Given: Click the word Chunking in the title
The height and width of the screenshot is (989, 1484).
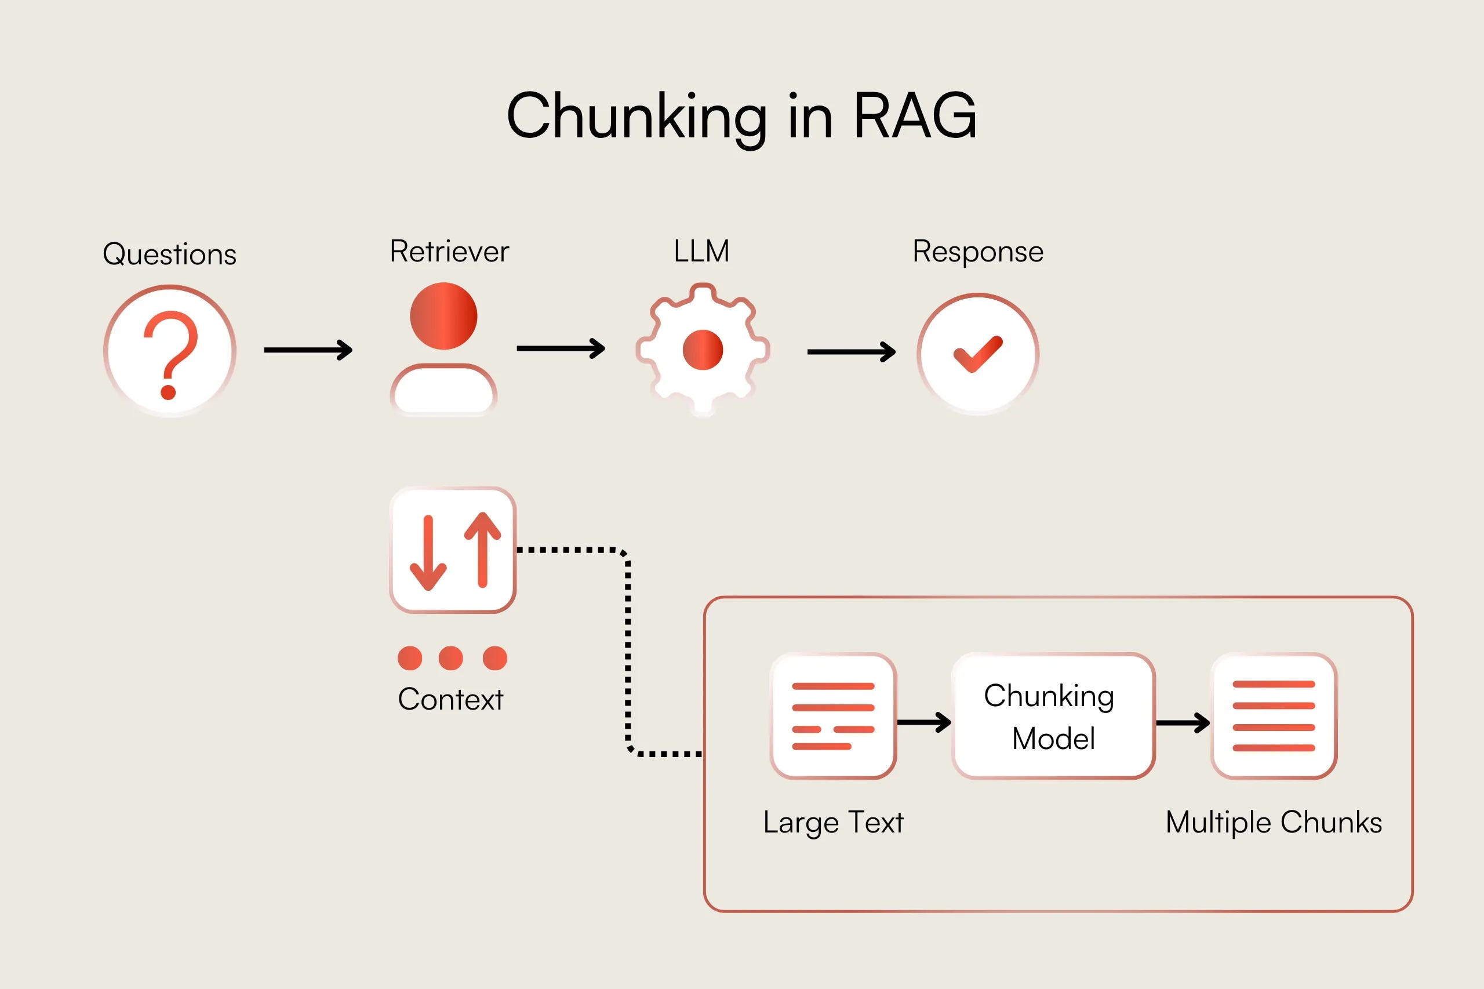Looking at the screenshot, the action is (637, 119).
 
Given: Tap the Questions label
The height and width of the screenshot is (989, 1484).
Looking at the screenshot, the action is (170, 254).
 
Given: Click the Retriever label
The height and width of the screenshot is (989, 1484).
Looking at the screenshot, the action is (449, 251).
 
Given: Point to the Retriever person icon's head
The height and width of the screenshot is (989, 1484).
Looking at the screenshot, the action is (443, 316).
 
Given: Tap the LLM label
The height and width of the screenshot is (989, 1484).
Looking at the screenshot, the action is (701, 251).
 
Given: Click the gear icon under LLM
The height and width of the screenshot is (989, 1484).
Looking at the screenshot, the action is (703, 350).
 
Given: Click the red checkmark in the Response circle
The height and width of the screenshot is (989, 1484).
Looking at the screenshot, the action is (977, 354).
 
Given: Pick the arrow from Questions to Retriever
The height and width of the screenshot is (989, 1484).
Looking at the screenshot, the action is (308, 350).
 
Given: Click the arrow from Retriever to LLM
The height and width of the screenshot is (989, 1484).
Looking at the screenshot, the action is (561, 348).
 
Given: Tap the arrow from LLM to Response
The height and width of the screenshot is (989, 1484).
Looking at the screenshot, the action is (852, 352).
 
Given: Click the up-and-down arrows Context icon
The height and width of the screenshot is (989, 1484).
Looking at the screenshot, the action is (453, 550).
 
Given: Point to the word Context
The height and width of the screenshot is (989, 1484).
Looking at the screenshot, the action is (450, 700).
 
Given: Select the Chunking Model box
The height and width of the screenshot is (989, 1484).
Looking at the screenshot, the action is (1053, 717).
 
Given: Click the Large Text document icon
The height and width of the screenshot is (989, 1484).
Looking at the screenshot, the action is (833, 717).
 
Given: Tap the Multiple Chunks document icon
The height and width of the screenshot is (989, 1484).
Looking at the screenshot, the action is (1274, 717).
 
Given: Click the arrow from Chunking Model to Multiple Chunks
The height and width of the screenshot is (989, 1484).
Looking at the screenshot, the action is (1183, 723).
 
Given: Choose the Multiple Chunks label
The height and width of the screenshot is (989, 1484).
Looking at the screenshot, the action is (1274, 823).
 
